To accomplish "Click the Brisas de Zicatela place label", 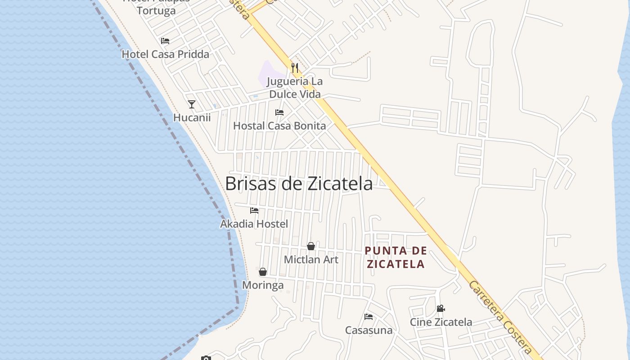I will click(x=299, y=184).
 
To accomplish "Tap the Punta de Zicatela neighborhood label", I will click(x=396, y=257).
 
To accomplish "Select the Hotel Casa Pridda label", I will click(x=166, y=54).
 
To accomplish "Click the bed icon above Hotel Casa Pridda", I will click(x=165, y=41).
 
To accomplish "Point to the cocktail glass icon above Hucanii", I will click(x=192, y=104).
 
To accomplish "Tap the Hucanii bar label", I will click(x=192, y=118).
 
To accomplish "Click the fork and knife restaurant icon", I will click(x=295, y=68).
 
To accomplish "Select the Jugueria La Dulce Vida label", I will click(x=295, y=88).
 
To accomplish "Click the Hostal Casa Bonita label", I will click(x=279, y=126).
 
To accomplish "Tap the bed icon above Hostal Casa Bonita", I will click(x=279, y=112).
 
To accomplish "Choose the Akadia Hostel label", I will click(x=254, y=224).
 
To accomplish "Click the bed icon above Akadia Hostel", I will click(x=254, y=210).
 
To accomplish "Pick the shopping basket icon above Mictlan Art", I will click(x=311, y=246).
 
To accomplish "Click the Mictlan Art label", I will click(x=311, y=260).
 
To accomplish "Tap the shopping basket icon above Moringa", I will click(x=263, y=272).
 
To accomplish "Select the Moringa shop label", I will click(x=263, y=285).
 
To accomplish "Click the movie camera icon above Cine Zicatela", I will click(x=441, y=309).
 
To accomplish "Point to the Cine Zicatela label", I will click(x=441, y=322).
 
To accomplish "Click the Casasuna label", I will click(x=369, y=330).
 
